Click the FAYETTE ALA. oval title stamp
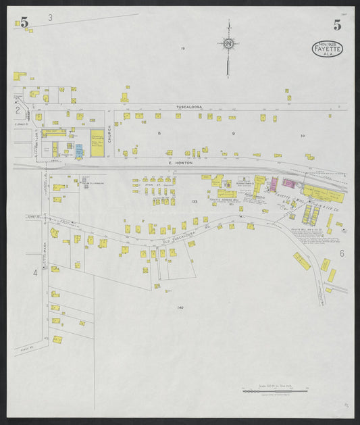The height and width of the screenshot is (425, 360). pyautogui.click(x=328, y=49)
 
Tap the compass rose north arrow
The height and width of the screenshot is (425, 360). pyautogui.click(x=228, y=45)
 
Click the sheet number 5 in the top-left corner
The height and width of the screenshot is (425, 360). pyautogui.click(x=24, y=22)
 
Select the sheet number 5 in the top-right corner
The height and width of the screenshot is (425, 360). pyautogui.click(x=336, y=26)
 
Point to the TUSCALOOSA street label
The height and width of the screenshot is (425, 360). pyautogui.click(x=189, y=107)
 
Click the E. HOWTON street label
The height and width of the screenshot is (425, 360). pyautogui.click(x=180, y=163)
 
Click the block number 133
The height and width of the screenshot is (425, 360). pyautogui.click(x=194, y=201)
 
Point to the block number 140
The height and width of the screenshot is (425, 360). pyautogui.click(x=180, y=307)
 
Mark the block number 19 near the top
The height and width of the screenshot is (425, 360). pyautogui.click(x=182, y=49)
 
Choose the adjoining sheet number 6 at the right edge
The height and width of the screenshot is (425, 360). pyautogui.click(x=342, y=253)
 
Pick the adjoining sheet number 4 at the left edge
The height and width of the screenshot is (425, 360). pyautogui.click(x=34, y=273)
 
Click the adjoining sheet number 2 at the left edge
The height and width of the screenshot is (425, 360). pyautogui.click(x=18, y=109)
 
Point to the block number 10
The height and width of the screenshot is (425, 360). pyautogui.click(x=303, y=136)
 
